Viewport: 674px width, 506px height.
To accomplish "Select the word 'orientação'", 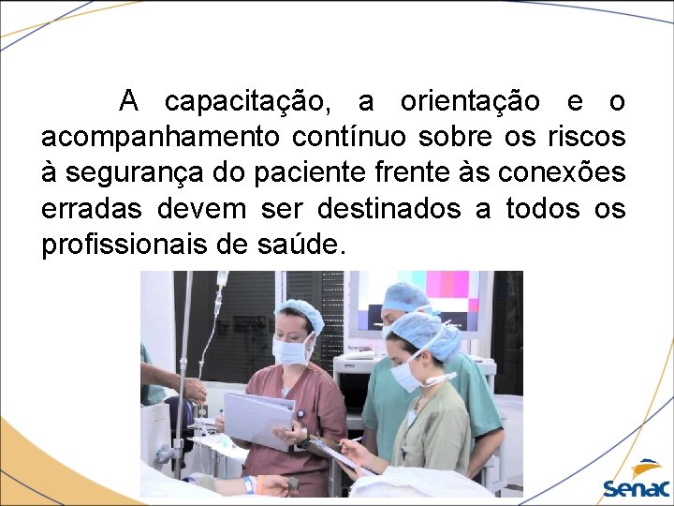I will click(x=469, y=101).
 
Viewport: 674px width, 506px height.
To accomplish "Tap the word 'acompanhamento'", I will click(x=159, y=138).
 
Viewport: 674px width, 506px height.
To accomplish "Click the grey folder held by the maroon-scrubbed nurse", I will click(x=257, y=417).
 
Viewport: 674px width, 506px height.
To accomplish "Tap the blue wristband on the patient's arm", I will click(x=249, y=484).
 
